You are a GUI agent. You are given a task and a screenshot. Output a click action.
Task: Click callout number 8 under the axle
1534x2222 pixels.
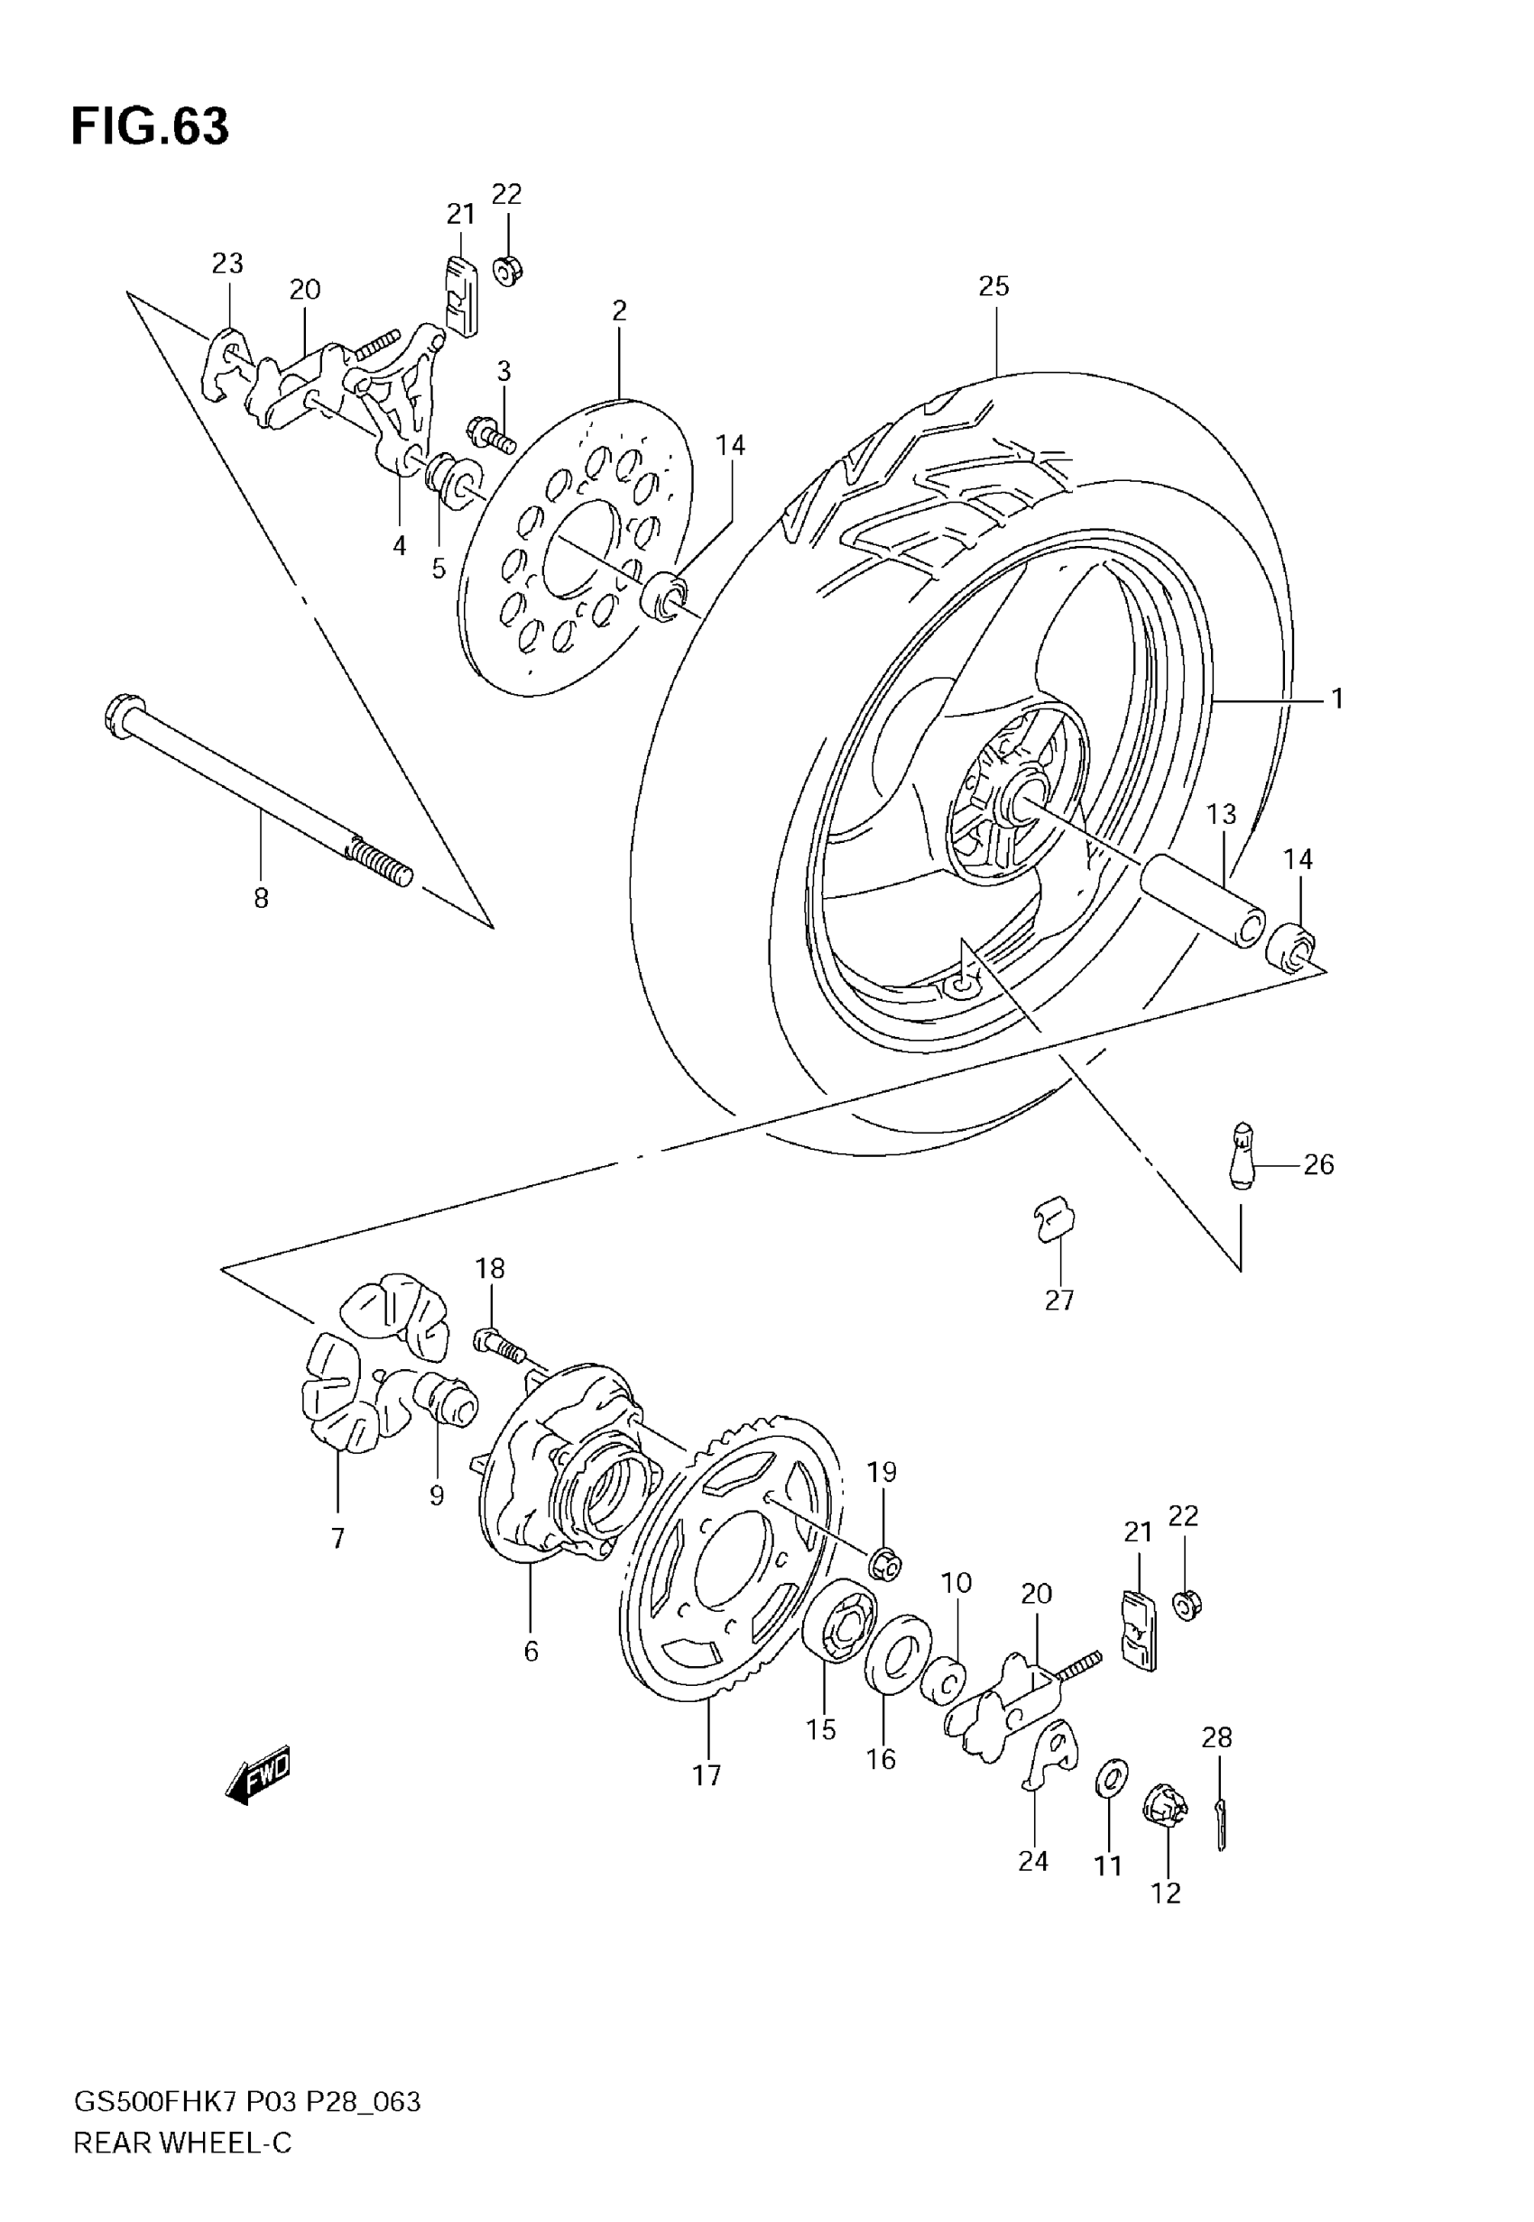tap(261, 899)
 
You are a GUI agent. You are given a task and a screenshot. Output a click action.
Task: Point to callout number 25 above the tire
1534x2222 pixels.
tap(993, 285)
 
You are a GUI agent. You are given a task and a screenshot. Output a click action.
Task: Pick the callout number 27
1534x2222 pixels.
tap(1058, 1301)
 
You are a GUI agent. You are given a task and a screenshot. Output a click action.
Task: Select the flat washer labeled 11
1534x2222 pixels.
tap(1112, 1777)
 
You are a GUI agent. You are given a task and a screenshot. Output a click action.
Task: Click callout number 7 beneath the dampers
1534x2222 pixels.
tap(337, 1538)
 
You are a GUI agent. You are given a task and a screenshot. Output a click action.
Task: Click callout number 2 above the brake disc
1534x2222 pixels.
tap(619, 310)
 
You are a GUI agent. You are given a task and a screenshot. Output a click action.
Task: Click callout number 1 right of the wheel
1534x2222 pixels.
tap(1336, 699)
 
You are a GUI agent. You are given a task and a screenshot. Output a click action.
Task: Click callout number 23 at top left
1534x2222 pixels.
tap(227, 263)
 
